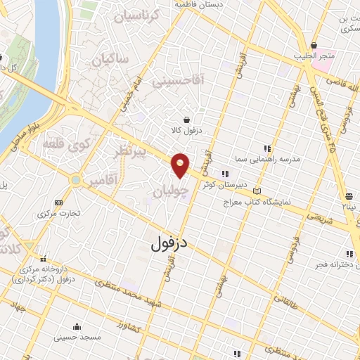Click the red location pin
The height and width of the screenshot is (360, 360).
pos(181,165)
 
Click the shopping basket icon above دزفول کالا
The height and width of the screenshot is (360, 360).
pos(186,120)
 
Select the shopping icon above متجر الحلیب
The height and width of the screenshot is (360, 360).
pos(314,45)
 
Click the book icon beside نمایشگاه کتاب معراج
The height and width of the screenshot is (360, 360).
pos(257,191)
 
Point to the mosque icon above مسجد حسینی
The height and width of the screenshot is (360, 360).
pos(75,326)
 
